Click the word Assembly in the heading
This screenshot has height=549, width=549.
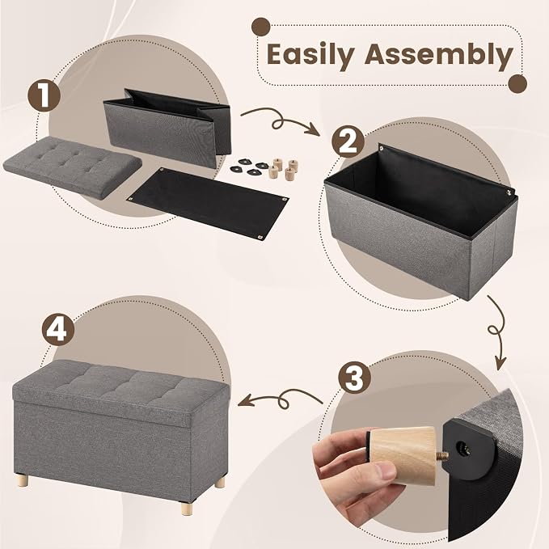pyautogui.click(x=438, y=56)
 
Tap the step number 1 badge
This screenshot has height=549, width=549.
pyautogui.click(x=44, y=95)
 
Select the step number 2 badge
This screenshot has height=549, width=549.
pyautogui.click(x=348, y=141)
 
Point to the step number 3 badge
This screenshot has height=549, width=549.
pyautogui.click(x=355, y=378)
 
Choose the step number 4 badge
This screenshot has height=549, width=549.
pyautogui.click(x=58, y=329)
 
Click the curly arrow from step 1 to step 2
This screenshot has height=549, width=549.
pyautogui.click(x=280, y=121)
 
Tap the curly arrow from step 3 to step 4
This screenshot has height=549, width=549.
pyautogui.click(x=280, y=399)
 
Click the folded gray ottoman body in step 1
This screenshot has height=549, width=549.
pyautogui.click(x=167, y=128)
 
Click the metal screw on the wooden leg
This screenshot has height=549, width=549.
pyautogui.click(x=441, y=455)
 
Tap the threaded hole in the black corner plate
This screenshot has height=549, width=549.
pyautogui.click(x=460, y=446)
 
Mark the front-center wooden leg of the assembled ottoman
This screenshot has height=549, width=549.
pyautogui.click(x=187, y=508)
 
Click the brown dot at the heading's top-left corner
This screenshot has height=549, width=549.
pyautogui.click(x=261, y=27)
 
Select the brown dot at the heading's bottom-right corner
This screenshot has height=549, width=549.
pyautogui.click(x=517, y=83)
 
